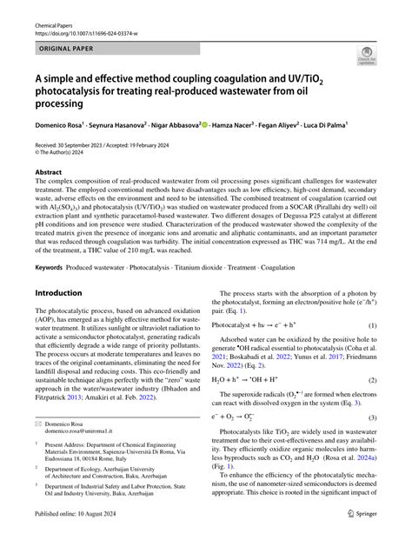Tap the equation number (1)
pyautogui.click(x=371, y=325)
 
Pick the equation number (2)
pyautogui.click(x=371, y=380)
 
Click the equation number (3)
pyautogui.click(x=371, y=418)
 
